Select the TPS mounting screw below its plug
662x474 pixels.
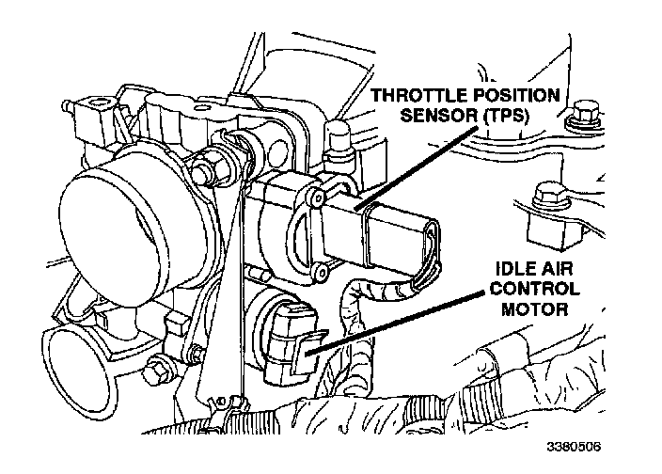point(321,273)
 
